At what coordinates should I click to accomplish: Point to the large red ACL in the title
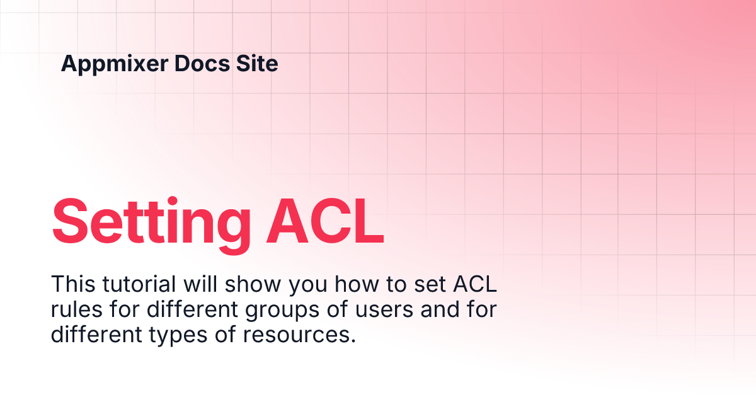(x=324, y=221)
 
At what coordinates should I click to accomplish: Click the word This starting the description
(x=72, y=284)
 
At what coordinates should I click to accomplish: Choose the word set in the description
(x=431, y=284)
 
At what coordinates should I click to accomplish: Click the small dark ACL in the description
(x=474, y=284)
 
